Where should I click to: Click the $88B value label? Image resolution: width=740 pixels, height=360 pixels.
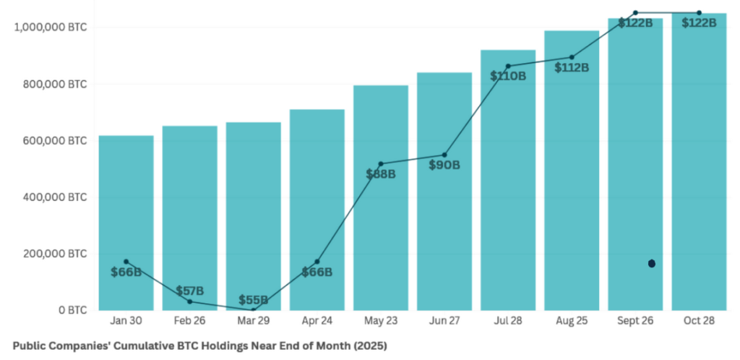pos(381,174)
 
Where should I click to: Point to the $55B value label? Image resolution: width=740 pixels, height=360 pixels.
pos(254,300)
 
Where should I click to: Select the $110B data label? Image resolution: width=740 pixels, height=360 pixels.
pos(508,75)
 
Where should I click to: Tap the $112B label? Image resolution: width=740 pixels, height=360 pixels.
pos(572,67)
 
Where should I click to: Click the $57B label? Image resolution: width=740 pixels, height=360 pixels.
pos(190,291)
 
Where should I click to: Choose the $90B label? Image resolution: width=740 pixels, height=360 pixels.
pos(444,165)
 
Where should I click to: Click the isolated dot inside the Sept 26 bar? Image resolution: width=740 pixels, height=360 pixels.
pos(652,264)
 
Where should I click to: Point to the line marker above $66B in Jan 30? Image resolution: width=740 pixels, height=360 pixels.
pos(126,262)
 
